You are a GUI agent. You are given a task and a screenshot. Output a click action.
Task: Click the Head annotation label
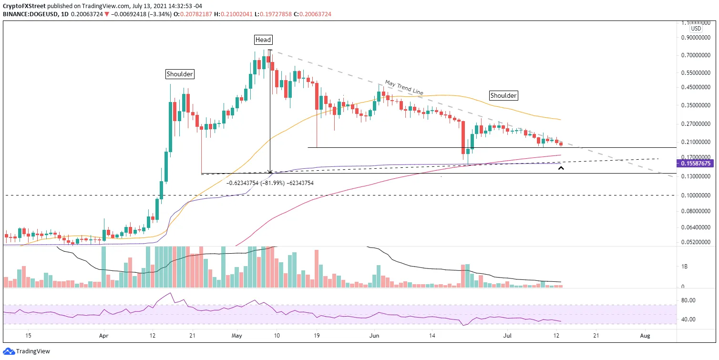pyautogui.click(x=263, y=40)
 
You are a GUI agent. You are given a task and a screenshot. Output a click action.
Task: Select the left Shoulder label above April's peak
pyautogui.click(x=180, y=74)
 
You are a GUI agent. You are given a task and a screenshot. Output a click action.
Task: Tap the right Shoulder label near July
pyautogui.click(x=503, y=95)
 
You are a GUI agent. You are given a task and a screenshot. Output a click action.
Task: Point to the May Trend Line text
pyautogui.click(x=404, y=87)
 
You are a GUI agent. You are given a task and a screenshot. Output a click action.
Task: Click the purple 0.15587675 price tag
pyautogui.click(x=696, y=164)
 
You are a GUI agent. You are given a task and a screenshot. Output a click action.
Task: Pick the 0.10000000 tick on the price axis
pyautogui.click(x=696, y=195)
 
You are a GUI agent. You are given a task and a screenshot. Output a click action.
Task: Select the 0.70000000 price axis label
pyautogui.click(x=696, y=55)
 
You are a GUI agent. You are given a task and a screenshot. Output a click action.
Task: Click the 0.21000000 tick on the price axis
pyautogui.click(x=696, y=142)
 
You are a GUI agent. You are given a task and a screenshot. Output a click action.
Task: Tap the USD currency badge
pyautogui.click(x=696, y=29)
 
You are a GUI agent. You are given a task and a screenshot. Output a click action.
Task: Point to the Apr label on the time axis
pyautogui.click(x=103, y=336)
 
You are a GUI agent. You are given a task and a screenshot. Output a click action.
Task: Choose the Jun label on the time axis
pyautogui.click(x=374, y=336)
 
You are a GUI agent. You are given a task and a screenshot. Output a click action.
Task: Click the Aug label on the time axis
pyautogui.click(x=645, y=336)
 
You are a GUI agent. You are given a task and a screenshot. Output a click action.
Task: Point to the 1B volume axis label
pyautogui.click(x=684, y=267)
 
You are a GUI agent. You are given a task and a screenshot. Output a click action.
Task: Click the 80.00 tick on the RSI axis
pyautogui.click(x=688, y=300)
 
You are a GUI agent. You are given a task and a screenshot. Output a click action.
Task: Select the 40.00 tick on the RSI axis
pyautogui.click(x=688, y=319)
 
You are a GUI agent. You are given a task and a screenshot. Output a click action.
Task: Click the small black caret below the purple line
pyautogui.click(x=561, y=168)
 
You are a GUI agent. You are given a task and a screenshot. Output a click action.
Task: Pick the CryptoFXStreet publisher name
pyautogui.click(x=24, y=6)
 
